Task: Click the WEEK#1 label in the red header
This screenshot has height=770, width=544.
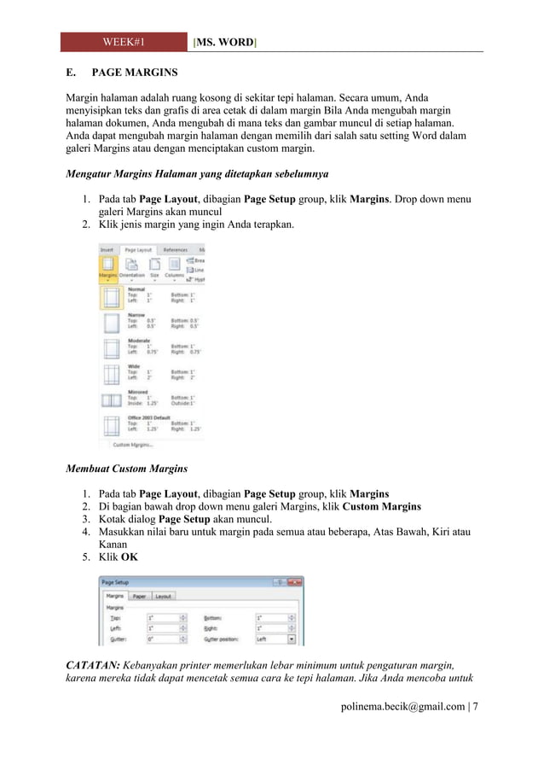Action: [x=124, y=41]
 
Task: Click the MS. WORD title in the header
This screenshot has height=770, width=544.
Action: [x=226, y=41]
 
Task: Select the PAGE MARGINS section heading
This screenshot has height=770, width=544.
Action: [x=135, y=73]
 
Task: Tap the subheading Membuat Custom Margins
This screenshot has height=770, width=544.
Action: [x=127, y=469]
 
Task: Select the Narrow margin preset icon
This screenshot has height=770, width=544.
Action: [x=111, y=323]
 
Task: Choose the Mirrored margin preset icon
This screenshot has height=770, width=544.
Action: [x=111, y=400]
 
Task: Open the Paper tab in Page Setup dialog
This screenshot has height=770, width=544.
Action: [x=139, y=597]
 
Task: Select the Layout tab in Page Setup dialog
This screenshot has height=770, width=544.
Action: [x=163, y=597]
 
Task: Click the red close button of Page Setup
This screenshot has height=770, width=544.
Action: [x=296, y=582]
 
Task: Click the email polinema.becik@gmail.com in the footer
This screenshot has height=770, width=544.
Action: [x=402, y=706]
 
